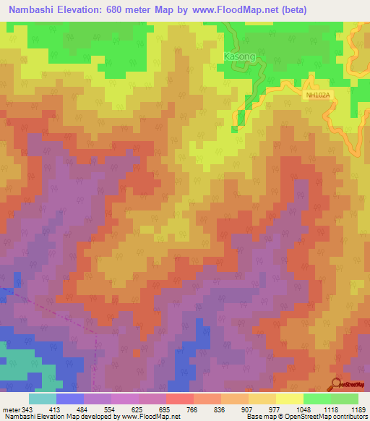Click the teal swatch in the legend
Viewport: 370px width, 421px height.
(x=43, y=398)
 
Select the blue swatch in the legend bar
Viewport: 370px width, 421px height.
(x=70, y=398)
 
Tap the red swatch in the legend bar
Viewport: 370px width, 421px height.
(x=180, y=398)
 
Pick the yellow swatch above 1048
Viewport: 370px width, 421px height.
(x=290, y=398)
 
